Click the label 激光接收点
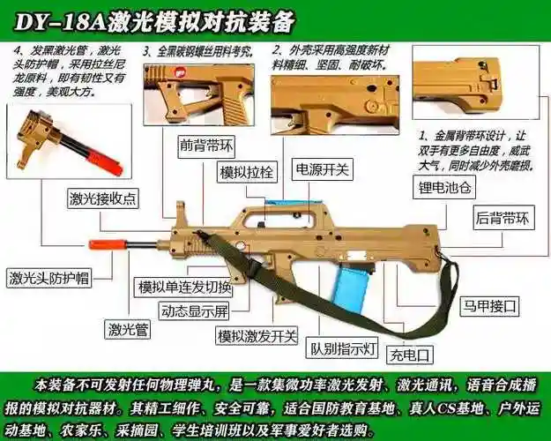pos(103,198)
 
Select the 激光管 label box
pos(127,331)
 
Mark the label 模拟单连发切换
pos(184,288)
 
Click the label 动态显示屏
pos(193,311)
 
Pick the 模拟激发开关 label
pos(257,336)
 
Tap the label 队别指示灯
pos(342,349)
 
